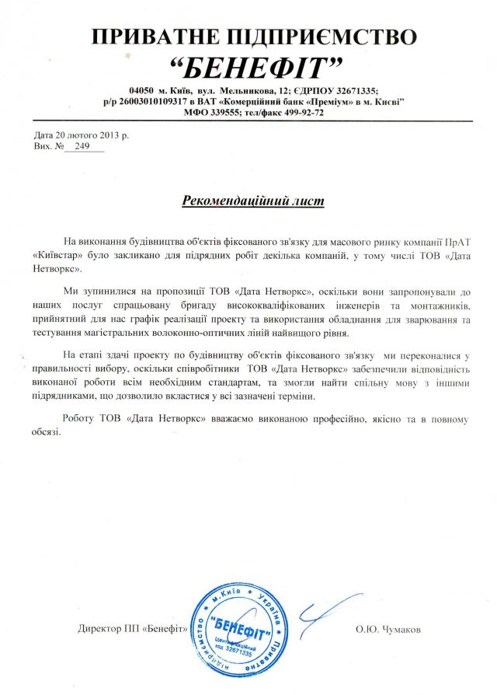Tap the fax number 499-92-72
(304, 113)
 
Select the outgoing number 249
(83, 145)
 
